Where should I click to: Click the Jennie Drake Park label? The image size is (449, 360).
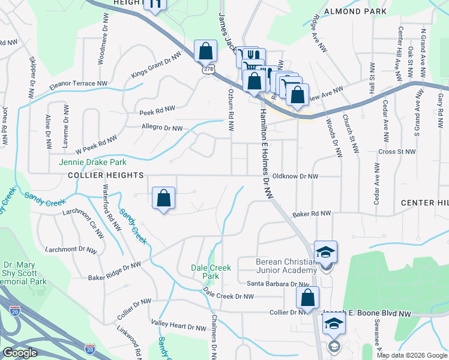click(92, 162)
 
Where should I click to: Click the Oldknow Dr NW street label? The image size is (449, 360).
click(295, 176)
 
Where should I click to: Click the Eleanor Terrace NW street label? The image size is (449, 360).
click(79, 84)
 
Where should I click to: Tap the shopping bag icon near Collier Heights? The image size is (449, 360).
click(163, 198)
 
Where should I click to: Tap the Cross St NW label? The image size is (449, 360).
click(397, 152)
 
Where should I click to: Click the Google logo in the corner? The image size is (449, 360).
click(20, 353)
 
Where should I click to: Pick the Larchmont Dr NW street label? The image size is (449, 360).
click(70, 249)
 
